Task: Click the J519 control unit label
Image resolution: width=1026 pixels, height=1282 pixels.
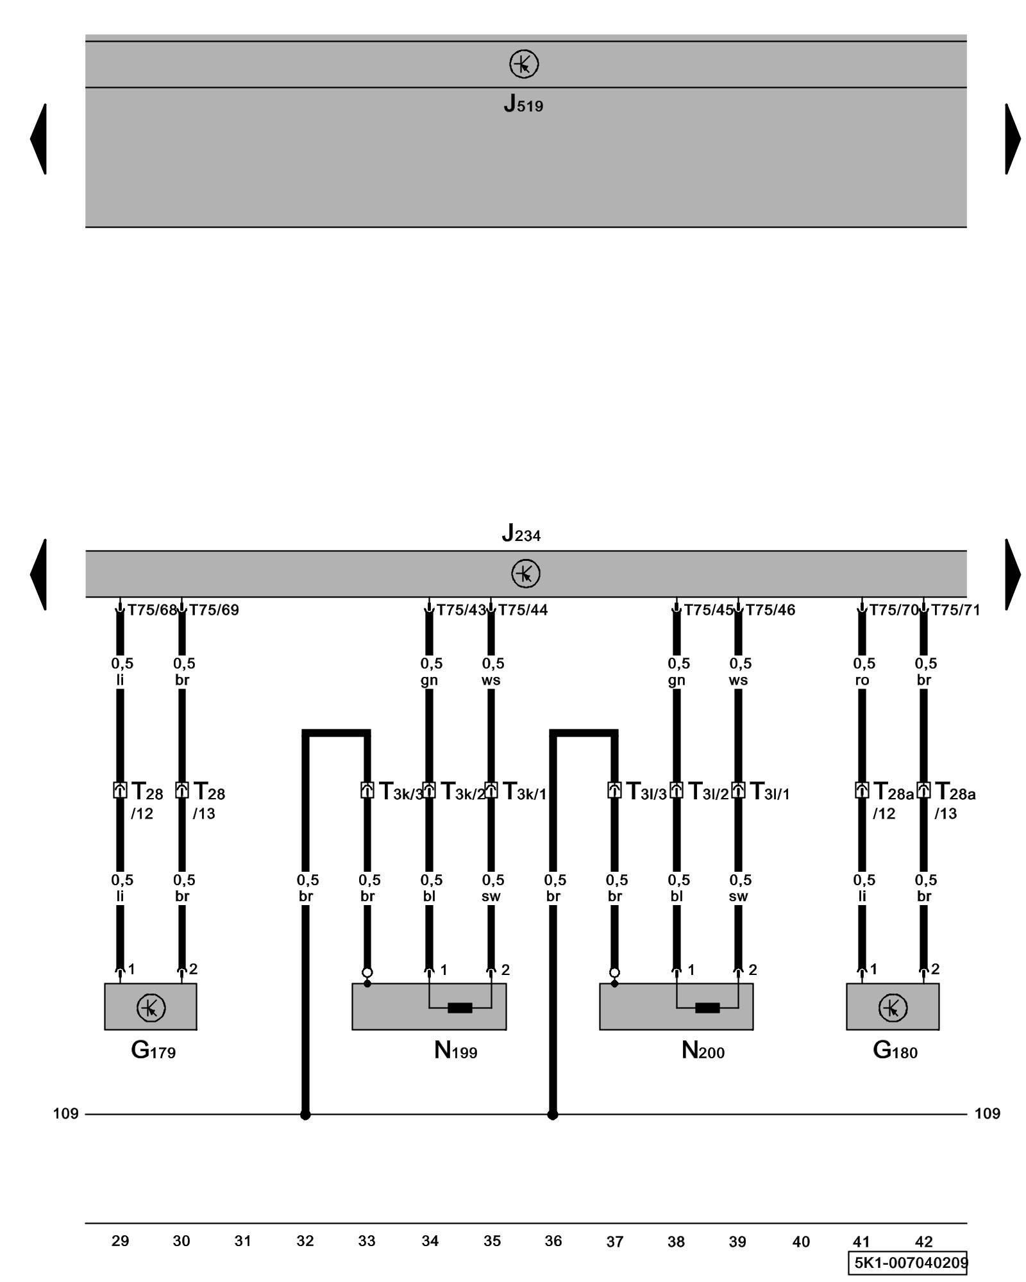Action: pos(523,104)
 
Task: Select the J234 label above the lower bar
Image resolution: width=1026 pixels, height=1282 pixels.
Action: pos(521,533)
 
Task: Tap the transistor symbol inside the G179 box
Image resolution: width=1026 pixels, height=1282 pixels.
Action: pos(151,1008)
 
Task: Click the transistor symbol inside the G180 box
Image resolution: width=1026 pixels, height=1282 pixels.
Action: pos(892,1008)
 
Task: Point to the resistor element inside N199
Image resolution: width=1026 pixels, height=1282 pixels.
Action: pos(460,1008)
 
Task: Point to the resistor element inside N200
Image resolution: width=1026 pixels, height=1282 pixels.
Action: pos(707,1008)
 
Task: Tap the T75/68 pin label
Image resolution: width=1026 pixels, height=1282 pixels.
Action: pos(151,610)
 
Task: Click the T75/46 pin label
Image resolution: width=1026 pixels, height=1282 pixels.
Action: pos(770,610)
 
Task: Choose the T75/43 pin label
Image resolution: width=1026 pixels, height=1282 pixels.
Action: pos(461,610)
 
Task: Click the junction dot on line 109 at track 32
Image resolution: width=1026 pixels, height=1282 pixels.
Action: pos(305,1115)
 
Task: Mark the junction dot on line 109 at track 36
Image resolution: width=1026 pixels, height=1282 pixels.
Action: pos(552,1115)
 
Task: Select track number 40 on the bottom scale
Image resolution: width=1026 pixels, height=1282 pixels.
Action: pos(800,1242)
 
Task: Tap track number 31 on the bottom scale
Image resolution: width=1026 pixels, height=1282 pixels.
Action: pos(242,1241)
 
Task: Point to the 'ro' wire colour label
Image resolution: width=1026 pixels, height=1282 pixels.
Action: pos(862,680)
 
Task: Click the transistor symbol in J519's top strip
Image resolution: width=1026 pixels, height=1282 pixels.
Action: pos(524,65)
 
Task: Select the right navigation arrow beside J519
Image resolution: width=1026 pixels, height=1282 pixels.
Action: pos(1012,138)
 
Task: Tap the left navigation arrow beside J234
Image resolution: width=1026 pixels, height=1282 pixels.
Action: pos(38,574)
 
